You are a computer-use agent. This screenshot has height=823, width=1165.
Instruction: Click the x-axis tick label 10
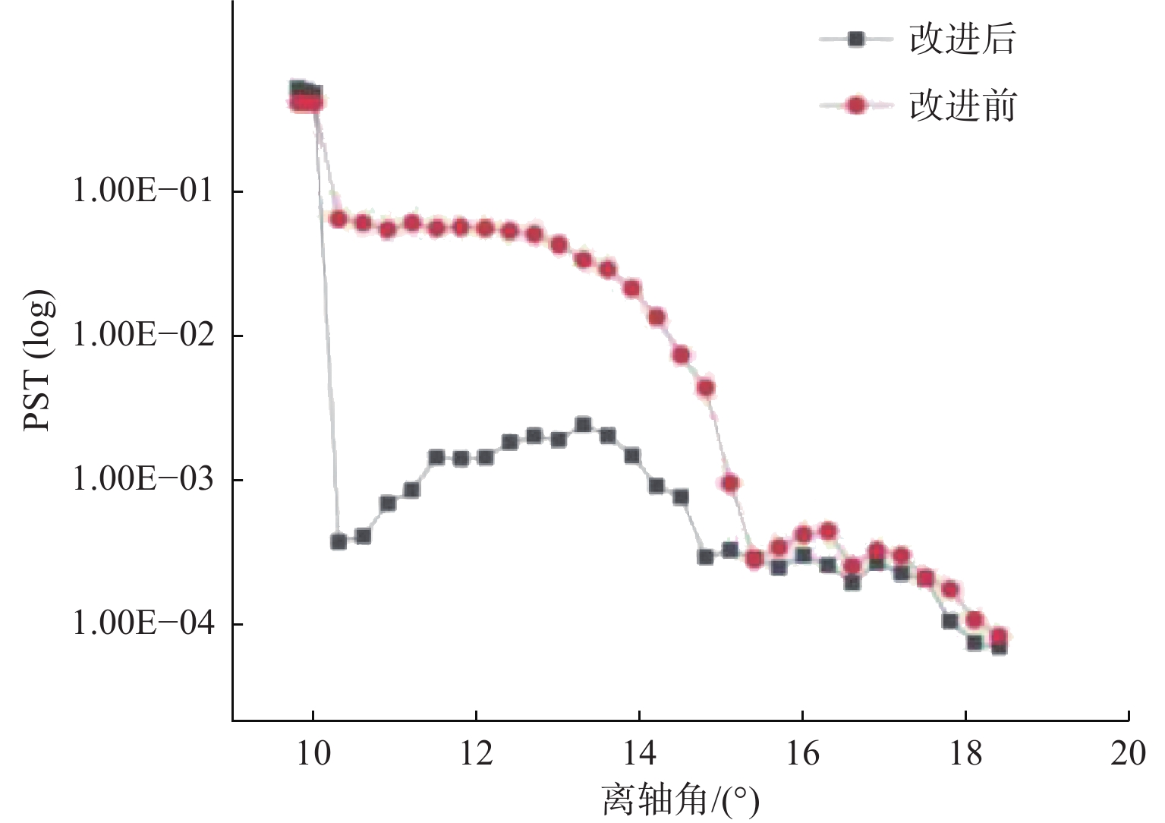pos(312,755)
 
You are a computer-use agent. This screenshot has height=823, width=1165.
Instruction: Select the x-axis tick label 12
pos(476,755)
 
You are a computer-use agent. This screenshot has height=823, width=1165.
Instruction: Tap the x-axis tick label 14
pos(639,755)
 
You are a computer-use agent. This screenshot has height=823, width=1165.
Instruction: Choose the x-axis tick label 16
pos(802,755)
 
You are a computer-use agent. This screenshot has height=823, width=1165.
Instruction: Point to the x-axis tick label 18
pos(965,755)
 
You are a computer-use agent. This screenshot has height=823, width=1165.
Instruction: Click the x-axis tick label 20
pos(1129,755)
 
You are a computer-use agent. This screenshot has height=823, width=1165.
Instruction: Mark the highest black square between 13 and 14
pos(583,424)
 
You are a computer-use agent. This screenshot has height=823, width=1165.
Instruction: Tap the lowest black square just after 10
pos(338,541)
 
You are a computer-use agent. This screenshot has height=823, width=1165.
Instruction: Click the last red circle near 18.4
pos(999,637)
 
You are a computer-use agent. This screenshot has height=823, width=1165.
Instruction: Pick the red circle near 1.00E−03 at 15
pos(730,483)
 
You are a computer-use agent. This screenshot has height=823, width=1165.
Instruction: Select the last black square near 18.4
pos(999,647)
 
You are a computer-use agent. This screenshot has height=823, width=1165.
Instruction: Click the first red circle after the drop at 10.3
pos(338,219)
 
